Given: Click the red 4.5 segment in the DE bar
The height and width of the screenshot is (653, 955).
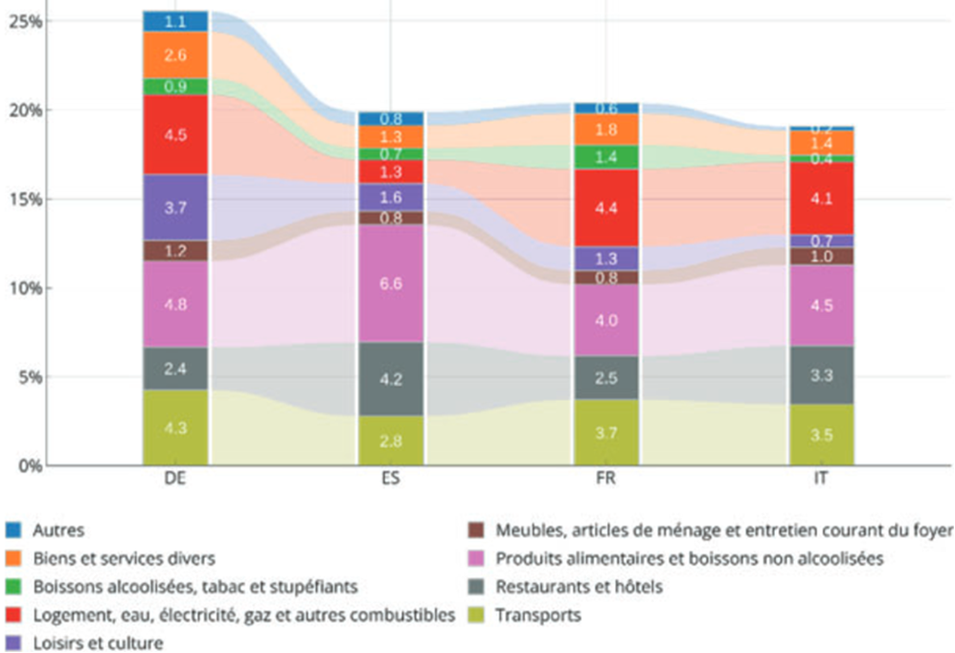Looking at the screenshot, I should pyautogui.click(x=175, y=135).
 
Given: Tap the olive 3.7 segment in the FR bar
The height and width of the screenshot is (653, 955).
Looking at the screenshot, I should pyautogui.click(x=606, y=433).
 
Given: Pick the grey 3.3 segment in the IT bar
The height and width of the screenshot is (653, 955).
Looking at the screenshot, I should pyautogui.click(x=821, y=375).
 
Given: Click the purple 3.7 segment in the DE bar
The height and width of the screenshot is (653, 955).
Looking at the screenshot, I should pyautogui.click(x=175, y=207).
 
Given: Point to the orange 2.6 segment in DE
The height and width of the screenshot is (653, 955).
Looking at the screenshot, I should pyautogui.click(x=175, y=56).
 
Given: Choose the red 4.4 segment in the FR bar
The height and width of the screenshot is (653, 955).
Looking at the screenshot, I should pyautogui.click(x=606, y=207).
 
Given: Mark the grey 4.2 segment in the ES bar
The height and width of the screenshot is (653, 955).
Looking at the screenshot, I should pyautogui.click(x=391, y=379).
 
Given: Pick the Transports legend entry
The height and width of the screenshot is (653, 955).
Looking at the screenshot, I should pyautogui.click(x=537, y=616).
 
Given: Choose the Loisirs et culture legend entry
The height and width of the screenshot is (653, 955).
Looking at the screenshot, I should pyautogui.click(x=99, y=643).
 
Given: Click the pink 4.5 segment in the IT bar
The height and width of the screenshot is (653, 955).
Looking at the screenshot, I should pyautogui.click(x=821, y=306).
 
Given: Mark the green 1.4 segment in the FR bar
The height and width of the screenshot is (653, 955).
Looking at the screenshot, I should pyautogui.click(x=606, y=157).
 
